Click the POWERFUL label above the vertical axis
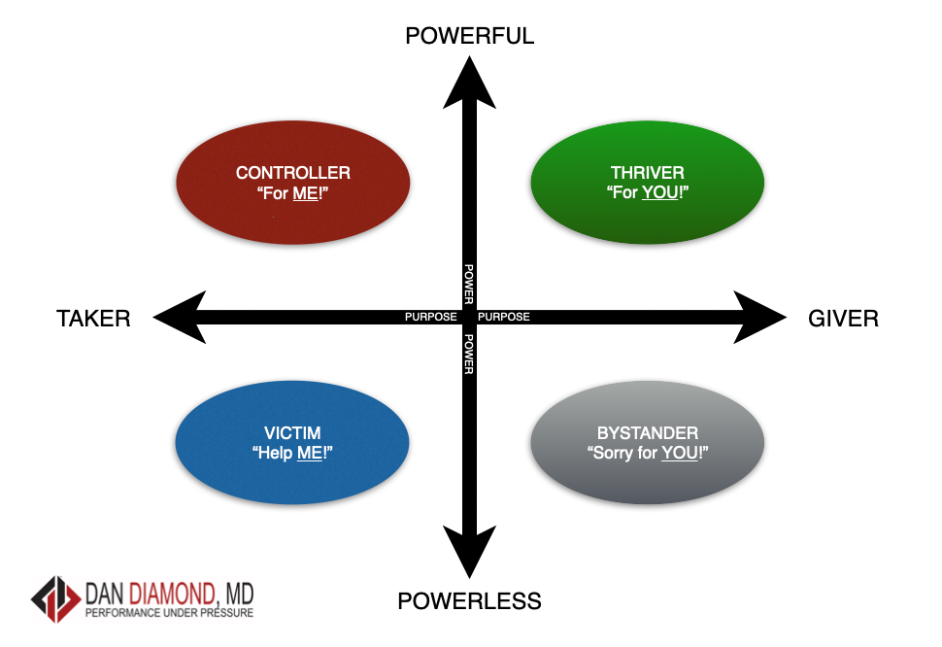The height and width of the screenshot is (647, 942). pyautogui.click(x=470, y=36)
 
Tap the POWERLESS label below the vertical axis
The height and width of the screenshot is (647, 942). pyautogui.click(x=469, y=601)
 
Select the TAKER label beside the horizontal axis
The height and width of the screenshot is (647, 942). pyautogui.click(x=93, y=318)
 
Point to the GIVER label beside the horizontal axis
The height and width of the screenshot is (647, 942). pyautogui.click(x=843, y=318)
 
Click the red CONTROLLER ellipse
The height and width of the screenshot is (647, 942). pyautogui.click(x=293, y=182)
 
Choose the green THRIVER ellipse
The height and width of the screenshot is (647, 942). pyautogui.click(x=648, y=182)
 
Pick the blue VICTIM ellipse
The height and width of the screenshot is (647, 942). pyautogui.click(x=292, y=443)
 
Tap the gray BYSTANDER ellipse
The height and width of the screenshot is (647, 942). pyautogui.click(x=648, y=443)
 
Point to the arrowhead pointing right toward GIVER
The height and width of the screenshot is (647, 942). pyautogui.click(x=759, y=317)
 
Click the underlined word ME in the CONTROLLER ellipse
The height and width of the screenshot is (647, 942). pyautogui.click(x=306, y=192)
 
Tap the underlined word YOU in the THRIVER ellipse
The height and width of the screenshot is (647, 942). pyautogui.click(x=659, y=192)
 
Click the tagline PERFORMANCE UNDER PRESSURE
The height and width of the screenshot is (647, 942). pyautogui.click(x=170, y=614)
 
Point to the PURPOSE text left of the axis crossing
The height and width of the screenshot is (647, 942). pyautogui.click(x=430, y=318)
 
